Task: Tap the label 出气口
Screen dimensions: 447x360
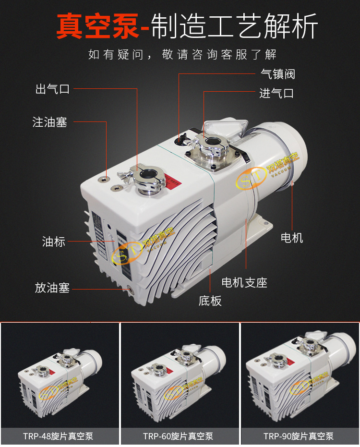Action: coord(53,89)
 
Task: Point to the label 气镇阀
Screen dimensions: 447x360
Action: coord(277,74)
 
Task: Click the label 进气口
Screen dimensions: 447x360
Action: coord(276,93)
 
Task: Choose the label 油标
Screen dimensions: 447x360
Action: coord(54,242)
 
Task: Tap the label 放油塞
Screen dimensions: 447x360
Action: coord(52,288)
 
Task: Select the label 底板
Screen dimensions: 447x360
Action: coord(210,301)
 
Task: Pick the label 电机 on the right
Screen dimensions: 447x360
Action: coord(292,238)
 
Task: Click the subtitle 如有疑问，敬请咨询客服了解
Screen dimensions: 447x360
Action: coord(182,54)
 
